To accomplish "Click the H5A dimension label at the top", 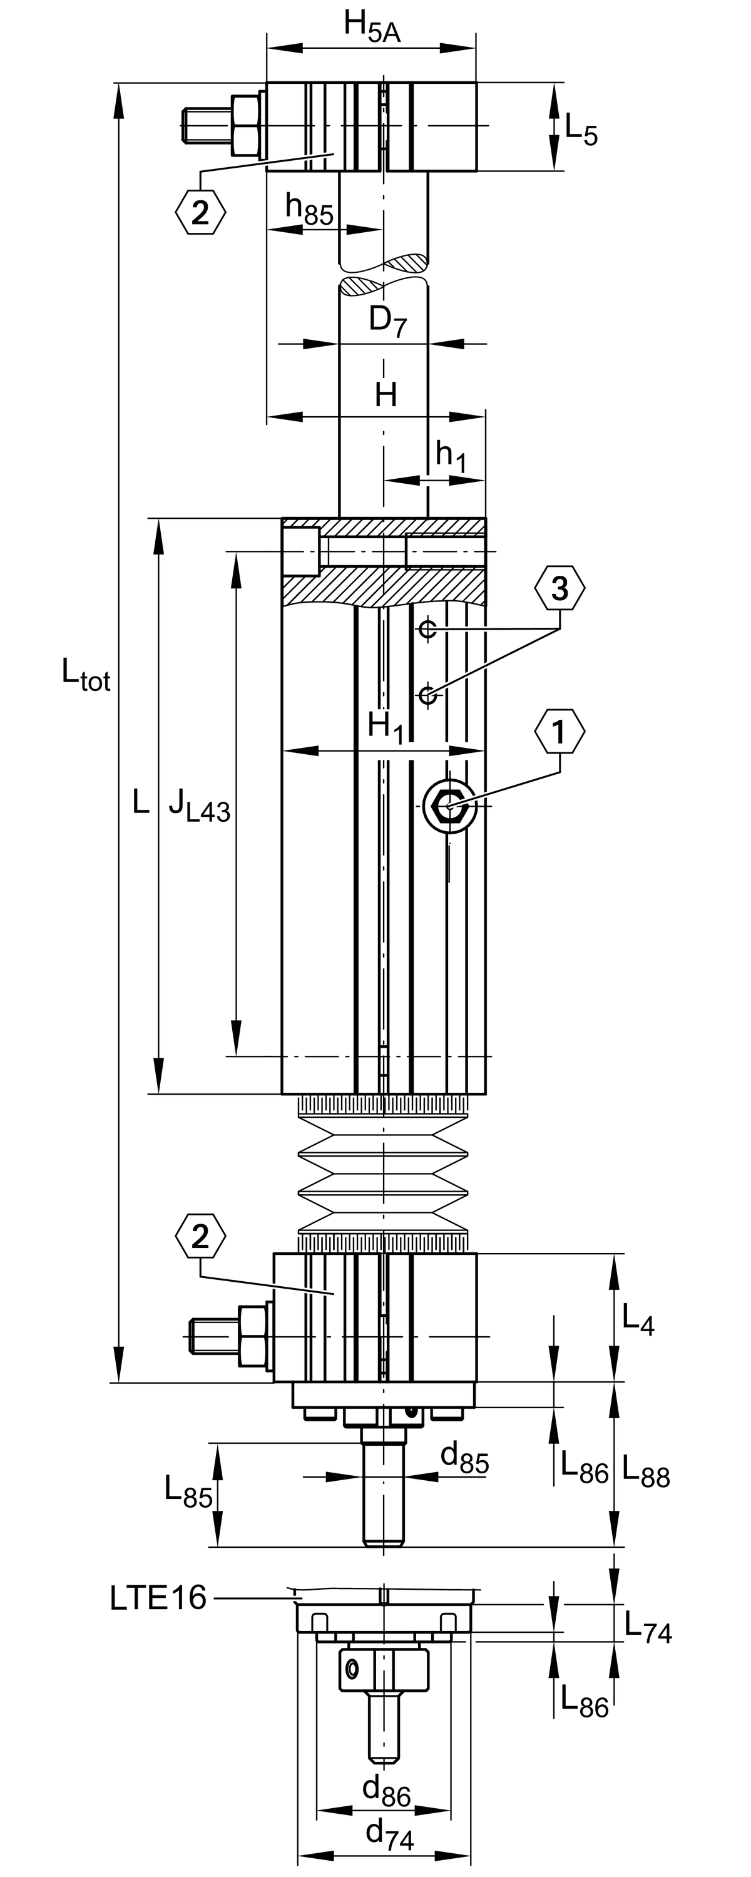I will coord(372,27).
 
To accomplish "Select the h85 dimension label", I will coord(309,209).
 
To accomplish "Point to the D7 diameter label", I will coord(387,320).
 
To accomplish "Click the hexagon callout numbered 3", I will coord(559,588).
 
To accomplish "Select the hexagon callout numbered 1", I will coord(559,732).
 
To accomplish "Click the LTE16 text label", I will coord(158,1598).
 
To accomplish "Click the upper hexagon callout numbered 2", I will coord(200,212).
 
